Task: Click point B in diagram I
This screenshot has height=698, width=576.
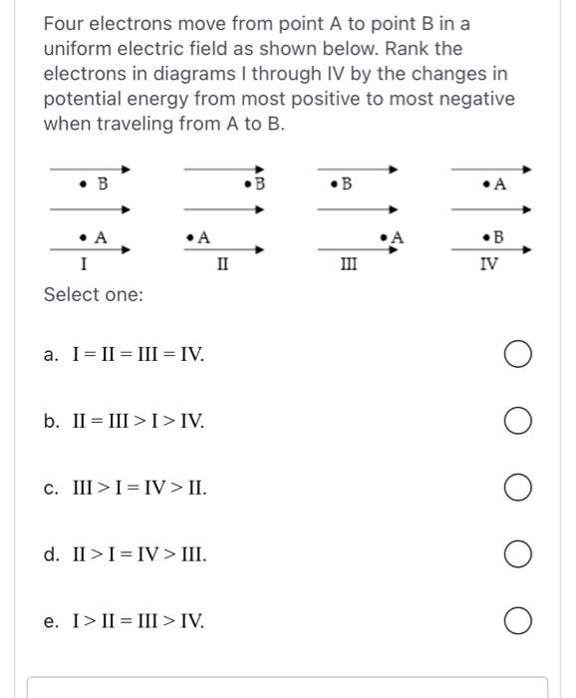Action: (x=85, y=185)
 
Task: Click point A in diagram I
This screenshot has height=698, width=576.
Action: (x=85, y=237)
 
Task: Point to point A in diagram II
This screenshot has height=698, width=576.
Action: (x=189, y=237)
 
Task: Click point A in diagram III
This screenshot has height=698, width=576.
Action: (x=384, y=237)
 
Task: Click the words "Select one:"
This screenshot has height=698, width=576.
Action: (x=94, y=295)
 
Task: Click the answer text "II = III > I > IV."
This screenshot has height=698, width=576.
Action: (x=139, y=422)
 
